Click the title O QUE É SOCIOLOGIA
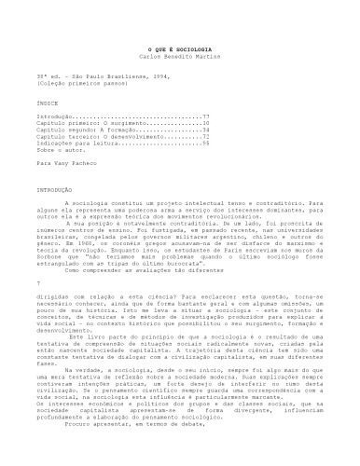(x=180, y=48)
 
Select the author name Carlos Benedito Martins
(x=180, y=56)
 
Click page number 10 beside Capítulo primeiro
(x=205, y=123)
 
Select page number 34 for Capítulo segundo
(x=205, y=130)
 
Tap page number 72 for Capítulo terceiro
(x=205, y=136)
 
